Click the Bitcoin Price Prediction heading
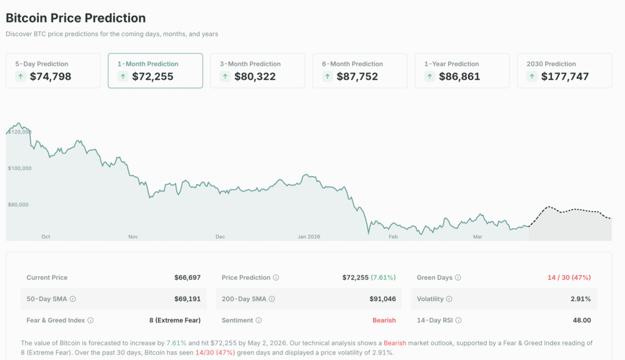tap(76, 18)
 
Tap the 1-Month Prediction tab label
tap(148, 64)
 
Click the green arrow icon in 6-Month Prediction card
tap(328, 77)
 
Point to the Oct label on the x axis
tap(46, 237)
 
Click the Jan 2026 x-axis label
tap(309, 237)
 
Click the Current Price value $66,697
tap(187, 278)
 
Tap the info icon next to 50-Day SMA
tap(73, 299)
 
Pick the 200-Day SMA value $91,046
tap(382, 299)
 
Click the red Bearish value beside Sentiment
tap(384, 320)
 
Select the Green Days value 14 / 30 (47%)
tap(569, 278)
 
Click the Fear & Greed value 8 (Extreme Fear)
tap(175, 320)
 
